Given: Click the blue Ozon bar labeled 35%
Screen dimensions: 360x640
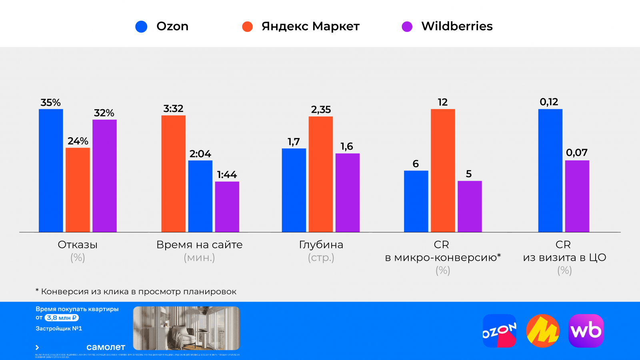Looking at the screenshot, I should [51, 170].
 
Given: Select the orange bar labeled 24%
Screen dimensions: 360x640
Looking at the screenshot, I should [78, 190].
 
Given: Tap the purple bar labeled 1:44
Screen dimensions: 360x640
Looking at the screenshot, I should [227, 207].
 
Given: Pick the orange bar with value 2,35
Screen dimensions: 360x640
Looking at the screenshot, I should [320, 174].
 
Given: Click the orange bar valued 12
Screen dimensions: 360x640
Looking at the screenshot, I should [443, 170].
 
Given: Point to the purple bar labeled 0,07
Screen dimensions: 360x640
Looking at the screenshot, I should [577, 196].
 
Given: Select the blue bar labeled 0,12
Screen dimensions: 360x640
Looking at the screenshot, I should [550, 170].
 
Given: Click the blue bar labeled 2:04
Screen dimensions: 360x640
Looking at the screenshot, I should [200, 196].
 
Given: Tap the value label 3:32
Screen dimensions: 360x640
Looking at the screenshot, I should [173, 109].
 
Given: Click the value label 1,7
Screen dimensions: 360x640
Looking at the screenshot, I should [294, 142].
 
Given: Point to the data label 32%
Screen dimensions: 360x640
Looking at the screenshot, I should [104, 113].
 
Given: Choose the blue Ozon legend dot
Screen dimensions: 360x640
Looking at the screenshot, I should [141, 27].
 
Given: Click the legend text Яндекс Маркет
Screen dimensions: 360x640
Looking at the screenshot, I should [310, 26].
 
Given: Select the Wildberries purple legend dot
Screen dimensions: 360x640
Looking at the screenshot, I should [407, 27].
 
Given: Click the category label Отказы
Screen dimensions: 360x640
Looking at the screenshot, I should [78, 245].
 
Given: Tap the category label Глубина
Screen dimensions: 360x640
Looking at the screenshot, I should [321, 245].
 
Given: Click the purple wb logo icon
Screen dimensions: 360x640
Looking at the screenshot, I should [586, 331].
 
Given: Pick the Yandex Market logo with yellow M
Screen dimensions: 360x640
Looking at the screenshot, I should [542, 331].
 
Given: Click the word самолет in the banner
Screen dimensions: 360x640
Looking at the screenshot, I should [106, 347].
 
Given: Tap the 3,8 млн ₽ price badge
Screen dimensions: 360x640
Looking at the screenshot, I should [62, 318].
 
